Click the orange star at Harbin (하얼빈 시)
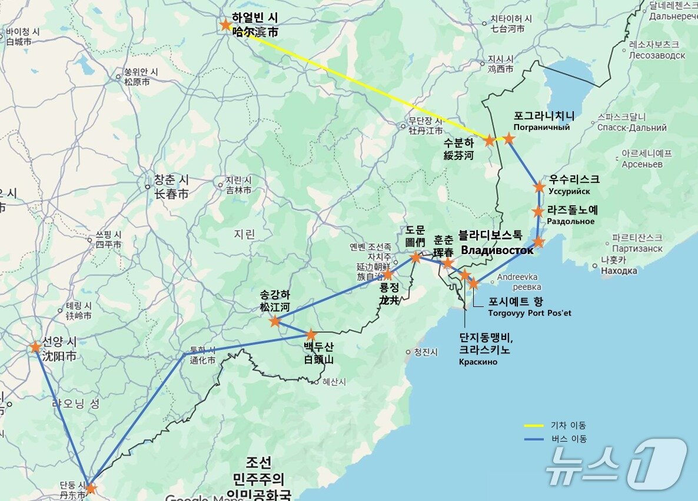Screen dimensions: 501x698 [x=225, y=25]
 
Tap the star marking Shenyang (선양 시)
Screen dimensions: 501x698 [x=35, y=347]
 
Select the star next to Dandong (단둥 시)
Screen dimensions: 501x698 [x=90, y=488]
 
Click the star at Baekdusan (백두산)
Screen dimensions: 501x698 [x=311, y=335]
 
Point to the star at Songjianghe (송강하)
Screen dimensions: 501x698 [x=275, y=321]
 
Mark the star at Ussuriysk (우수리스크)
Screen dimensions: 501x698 [x=539, y=187]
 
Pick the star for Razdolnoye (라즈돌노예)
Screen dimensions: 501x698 [x=538, y=211]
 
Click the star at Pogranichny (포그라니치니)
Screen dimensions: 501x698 [x=509, y=138]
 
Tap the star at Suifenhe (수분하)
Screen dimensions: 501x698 [x=489, y=140]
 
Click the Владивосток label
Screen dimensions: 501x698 [x=497, y=250]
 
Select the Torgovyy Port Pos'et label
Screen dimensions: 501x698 [x=530, y=313]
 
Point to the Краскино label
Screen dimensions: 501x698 [x=478, y=362]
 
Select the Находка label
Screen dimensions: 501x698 [x=619, y=271]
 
